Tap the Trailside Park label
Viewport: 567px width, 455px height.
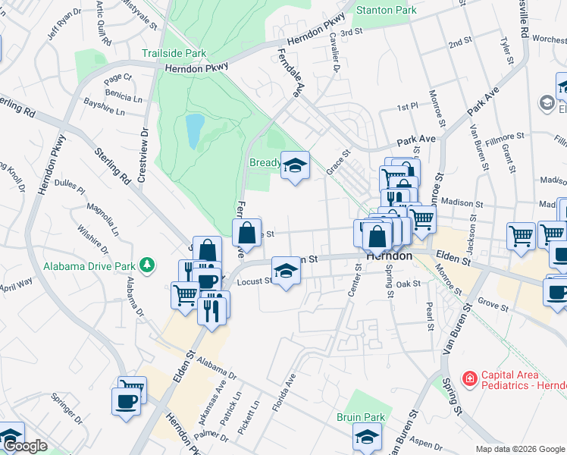click(x=174, y=54)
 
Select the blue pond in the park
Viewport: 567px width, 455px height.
click(x=195, y=131)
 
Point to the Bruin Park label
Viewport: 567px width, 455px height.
click(x=361, y=418)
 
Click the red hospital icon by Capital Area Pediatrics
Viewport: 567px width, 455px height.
click(x=470, y=377)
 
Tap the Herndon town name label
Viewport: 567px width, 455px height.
click(x=389, y=256)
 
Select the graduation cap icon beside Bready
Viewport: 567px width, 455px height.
click(x=294, y=165)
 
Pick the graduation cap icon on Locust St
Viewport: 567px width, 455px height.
click(x=284, y=270)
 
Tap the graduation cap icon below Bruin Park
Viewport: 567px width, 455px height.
click(x=366, y=437)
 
